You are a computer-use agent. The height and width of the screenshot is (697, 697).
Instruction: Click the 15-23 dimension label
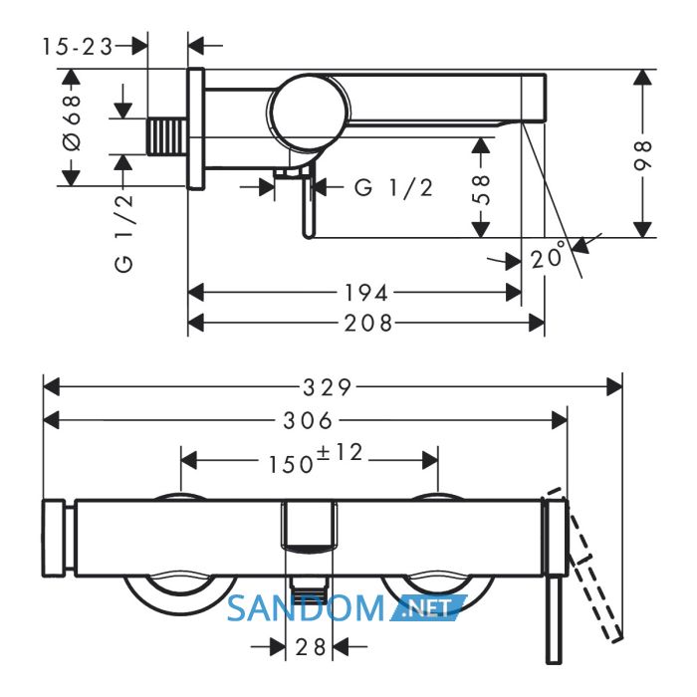[x=78, y=46]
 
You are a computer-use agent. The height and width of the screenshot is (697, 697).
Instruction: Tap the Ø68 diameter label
[x=72, y=122]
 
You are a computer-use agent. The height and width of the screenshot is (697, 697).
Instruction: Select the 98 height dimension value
[x=643, y=155]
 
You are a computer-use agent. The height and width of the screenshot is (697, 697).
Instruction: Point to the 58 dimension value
[x=481, y=190]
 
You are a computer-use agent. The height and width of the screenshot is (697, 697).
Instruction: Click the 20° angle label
[x=548, y=256]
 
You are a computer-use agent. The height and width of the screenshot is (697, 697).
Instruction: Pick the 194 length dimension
[x=366, y=294]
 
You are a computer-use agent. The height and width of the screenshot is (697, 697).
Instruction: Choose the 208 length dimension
[x=368, y=324]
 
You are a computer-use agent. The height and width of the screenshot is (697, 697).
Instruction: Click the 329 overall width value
[x=328, y=387]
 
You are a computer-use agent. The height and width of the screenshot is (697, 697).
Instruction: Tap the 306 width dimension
[x=308, y=420]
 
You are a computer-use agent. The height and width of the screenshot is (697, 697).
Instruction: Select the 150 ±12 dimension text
[x=316, y=459]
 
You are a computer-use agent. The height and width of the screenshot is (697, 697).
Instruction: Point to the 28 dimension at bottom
[x=311, y=647]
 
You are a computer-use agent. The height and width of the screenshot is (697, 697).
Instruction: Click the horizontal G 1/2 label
[x=394, y=188]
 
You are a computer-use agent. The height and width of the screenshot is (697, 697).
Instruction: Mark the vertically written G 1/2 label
[x=124, y=232]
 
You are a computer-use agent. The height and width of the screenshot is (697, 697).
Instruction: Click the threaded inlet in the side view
[x=166, y=137]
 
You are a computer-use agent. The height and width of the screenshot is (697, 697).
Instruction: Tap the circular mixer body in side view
[x=310, y=113]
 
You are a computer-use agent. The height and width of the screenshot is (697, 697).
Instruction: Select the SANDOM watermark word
[x=306, y=608]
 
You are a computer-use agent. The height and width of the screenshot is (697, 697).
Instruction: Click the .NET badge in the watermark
[x=427, y=607]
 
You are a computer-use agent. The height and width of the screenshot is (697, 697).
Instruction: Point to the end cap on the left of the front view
[x=54, y=539]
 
